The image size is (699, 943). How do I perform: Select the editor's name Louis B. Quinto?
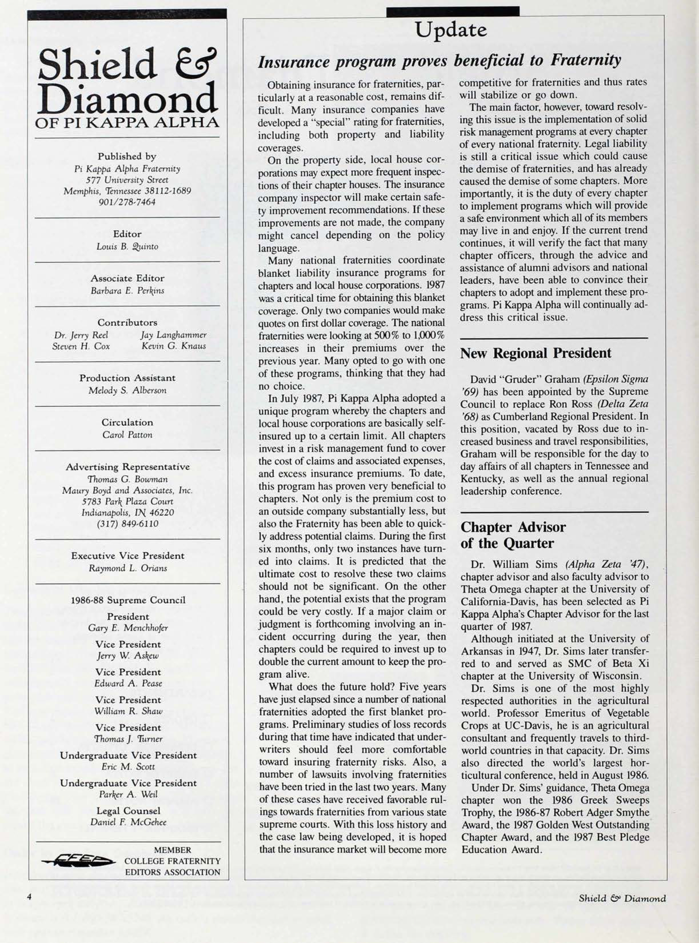click(127, 247)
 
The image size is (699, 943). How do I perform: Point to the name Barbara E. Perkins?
click(127, 291)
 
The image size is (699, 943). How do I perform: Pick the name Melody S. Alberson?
click(127, 390)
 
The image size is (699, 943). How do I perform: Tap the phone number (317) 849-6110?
click(127, 524)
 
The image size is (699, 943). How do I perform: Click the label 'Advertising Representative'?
click(127, 467)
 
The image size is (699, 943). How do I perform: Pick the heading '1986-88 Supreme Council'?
click(127, 600)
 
